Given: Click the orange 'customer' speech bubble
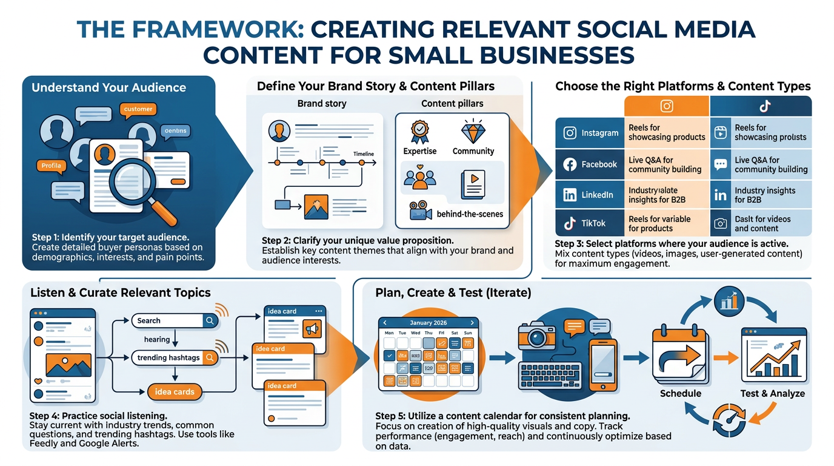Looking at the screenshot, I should [x=138, y=109].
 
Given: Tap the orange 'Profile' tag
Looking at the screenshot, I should [x=52, y=165].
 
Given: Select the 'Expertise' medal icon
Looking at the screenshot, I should [x=419, y=132].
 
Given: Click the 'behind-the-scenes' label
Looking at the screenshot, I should [x=470, y=214].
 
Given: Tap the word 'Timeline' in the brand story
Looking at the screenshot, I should [x=364, y=154].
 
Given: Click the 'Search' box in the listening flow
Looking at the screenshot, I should [x=167, y=320].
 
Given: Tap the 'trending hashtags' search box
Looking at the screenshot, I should [x=168, y=357].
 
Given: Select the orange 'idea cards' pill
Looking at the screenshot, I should [x=175, y=391].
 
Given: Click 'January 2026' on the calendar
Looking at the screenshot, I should [x=428, y=323].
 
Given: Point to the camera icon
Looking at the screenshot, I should [x=539, y=340].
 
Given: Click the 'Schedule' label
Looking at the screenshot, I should [x=680, y=393].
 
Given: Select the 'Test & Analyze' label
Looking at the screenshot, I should [x=772, y=393].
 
